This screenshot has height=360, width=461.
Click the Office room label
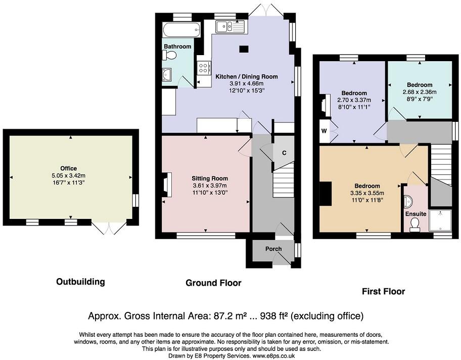(68, 168)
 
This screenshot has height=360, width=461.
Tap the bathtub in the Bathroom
(180, 29)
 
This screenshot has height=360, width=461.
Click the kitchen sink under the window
(229, 27)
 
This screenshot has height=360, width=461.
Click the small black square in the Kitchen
(244, 49)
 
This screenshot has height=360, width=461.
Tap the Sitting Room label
(209, 178)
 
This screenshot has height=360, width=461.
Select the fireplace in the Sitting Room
(167, 183)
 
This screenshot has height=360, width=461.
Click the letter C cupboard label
(284, 153)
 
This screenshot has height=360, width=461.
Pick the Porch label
(273, 249)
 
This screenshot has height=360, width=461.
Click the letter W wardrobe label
(324, 131)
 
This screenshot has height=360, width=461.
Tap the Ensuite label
(416, 214)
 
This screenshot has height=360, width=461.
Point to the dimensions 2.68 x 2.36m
(419, 92)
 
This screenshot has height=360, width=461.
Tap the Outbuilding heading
(80, 282)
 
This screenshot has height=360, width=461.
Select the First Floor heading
(383, 291)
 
